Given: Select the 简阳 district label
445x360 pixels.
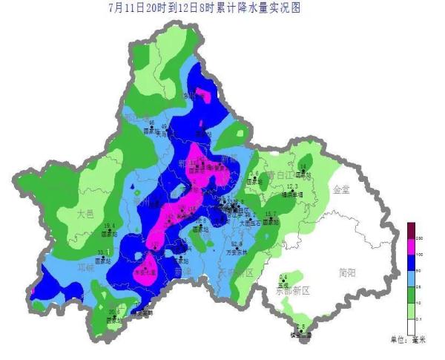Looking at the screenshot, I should point(346,272).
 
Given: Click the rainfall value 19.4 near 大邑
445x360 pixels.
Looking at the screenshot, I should point(109,226).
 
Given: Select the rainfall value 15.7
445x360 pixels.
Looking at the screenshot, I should point(271,215).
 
